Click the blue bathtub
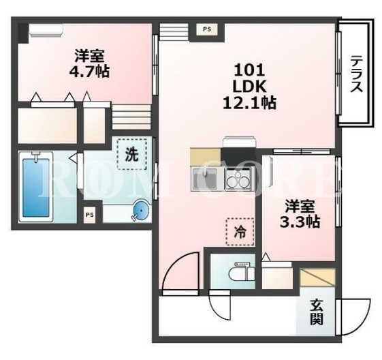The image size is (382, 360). pos(36,187)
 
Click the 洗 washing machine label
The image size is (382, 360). pos(131,154)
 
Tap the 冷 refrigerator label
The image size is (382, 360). pos(240,232)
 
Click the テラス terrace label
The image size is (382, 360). pos(356,74)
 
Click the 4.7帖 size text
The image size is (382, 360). pos(89,72)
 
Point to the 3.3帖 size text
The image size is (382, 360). pos(300,222)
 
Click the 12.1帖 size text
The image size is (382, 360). pos(249,103)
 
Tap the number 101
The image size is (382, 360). pos(249,70)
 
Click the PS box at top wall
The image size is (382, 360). pos(207,29)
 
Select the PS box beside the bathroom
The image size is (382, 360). pos(89,215)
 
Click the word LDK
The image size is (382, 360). pos(249,87)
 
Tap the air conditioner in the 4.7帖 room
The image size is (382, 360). pos(46,31)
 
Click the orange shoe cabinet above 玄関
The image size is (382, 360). pos(318,277)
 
